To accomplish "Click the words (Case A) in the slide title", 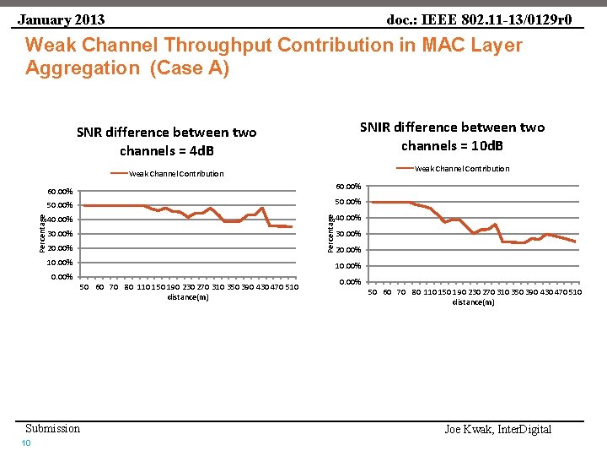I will click(x=188, y=68).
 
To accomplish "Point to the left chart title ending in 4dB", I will click(x=166, y=141).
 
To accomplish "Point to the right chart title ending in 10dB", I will click(x=452, y=136).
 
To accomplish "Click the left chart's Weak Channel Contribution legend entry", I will click(x=175, y=174).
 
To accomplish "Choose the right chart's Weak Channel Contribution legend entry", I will click(x=461, y=169).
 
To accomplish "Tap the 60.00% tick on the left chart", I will click(x=59, y=192).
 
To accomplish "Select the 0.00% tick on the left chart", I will click(x=62, y=277).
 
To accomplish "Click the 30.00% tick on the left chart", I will click(x=59, y=234).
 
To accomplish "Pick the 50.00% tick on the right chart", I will click(x=348, y=202).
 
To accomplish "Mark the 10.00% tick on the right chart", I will click(x=348, y=266).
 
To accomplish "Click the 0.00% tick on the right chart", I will click(x=350, y=282).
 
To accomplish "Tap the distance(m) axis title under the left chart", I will click(x=188, y=297).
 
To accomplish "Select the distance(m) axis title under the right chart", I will click(x=473, y=302).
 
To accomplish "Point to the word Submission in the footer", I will click(x=52, y=428).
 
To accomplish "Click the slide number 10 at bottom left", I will click(x=26, y=444).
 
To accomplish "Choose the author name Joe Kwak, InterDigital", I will click(x=497, y=430).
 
